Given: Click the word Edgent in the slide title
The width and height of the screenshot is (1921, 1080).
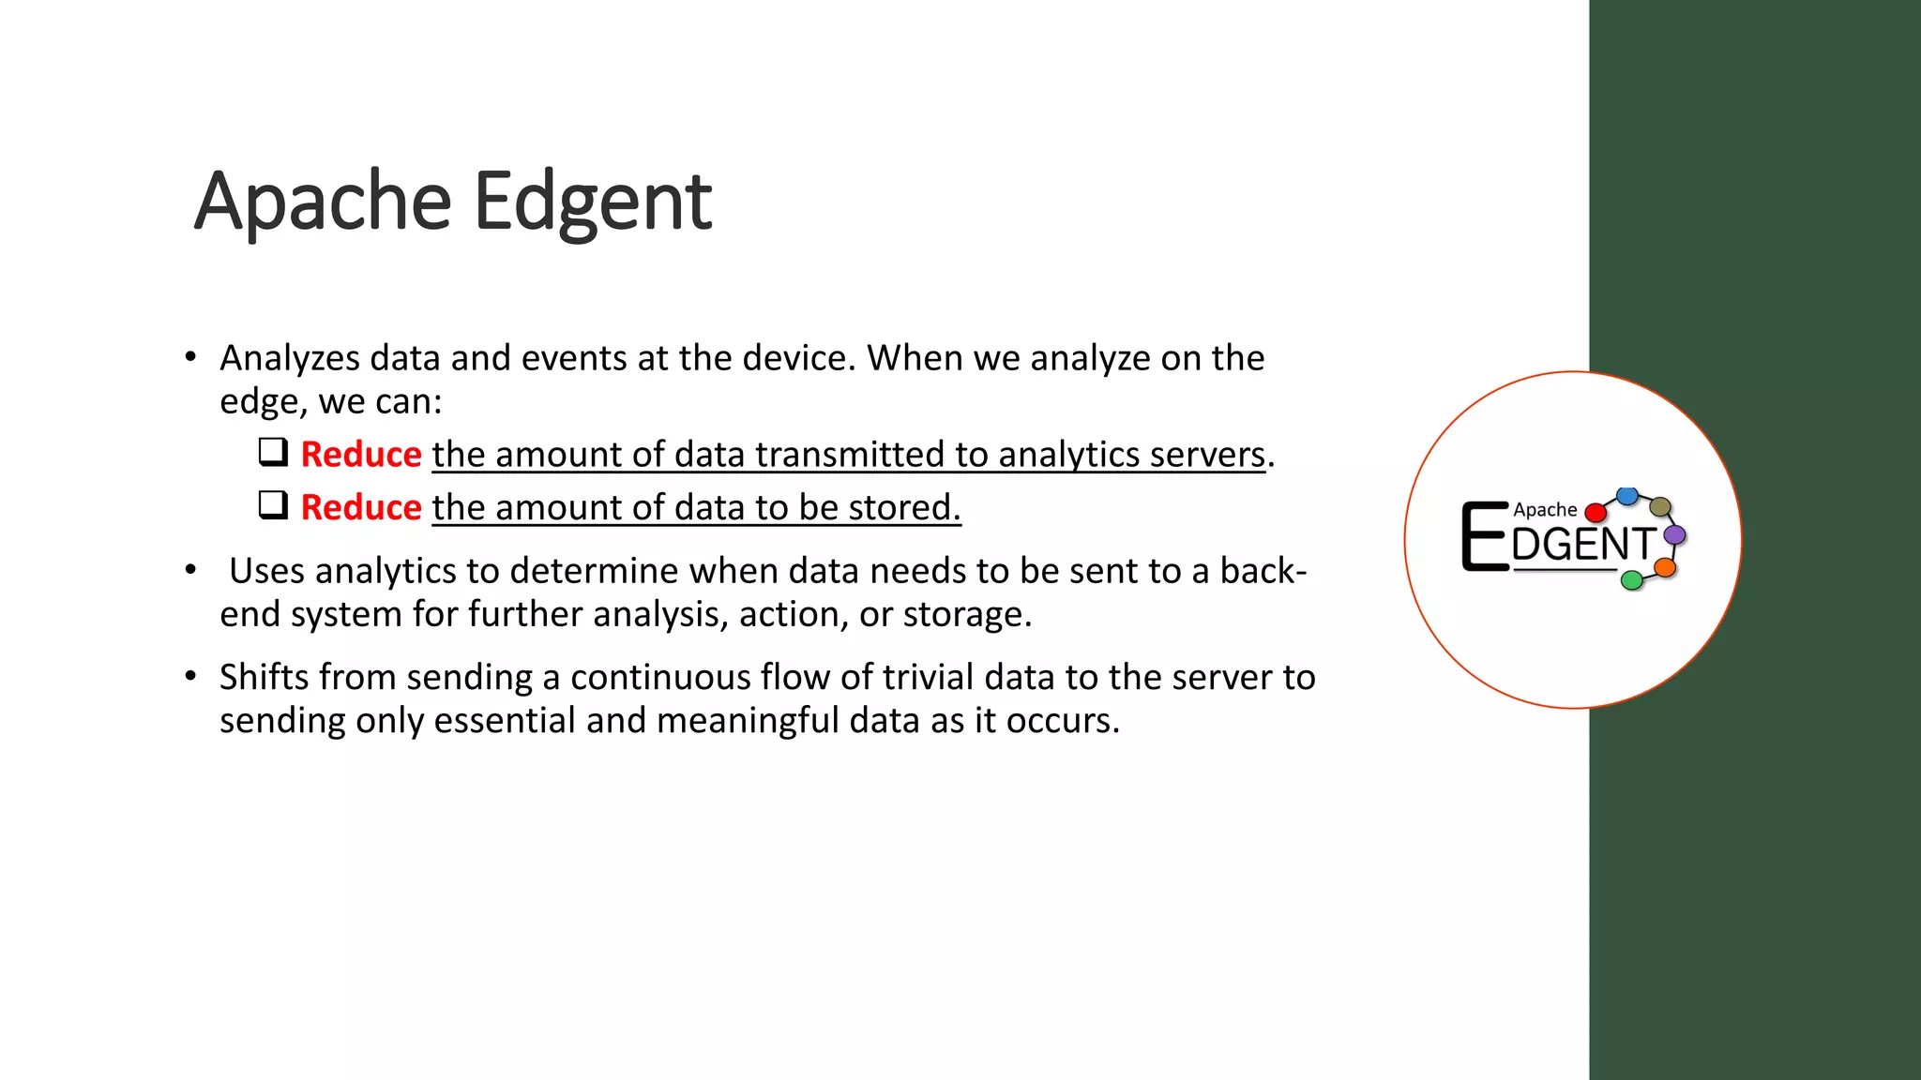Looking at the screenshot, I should click(x=593, y=202).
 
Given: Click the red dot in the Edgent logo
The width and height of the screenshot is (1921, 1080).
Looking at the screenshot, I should click(x=1595, y=513).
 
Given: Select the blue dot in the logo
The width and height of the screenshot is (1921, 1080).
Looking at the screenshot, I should click(x=1627, y=495).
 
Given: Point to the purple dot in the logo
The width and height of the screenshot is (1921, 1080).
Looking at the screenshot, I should click(x=1674, y=535).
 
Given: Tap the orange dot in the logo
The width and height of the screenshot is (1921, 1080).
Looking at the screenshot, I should click(x=1665, y=567).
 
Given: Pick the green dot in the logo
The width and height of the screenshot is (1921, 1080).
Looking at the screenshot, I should click(x=1632, y=580).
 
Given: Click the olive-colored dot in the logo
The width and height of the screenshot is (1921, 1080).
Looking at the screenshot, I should click(x=1660, y=507).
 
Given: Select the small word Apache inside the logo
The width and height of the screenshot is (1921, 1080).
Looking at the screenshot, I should click(x=1545, y=510).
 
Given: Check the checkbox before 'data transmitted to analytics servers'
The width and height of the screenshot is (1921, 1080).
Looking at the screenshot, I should click(x=273, y=452).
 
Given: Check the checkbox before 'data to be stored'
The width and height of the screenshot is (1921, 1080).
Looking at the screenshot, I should click(x=273, y=505).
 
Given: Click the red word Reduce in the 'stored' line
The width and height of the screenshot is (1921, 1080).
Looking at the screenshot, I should click(x=361, y=507).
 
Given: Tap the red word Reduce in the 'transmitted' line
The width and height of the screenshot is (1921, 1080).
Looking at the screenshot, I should click(x=361, y=455).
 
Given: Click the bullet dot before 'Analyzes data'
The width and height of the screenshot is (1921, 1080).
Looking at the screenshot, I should click(x=190, y=357).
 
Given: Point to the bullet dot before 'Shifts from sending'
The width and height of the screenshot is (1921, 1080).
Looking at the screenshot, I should click(x=190, y=676).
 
